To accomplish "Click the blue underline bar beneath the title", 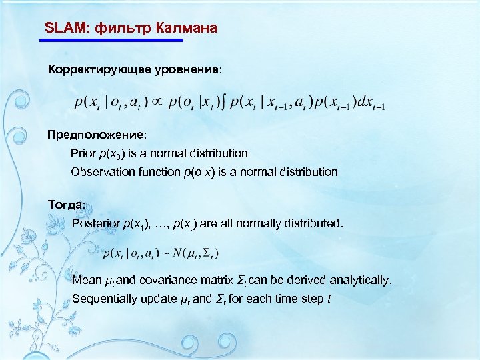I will pyautogui.click(x=111, y=41).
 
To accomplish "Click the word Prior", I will pyautogui.click(x=83, y=153).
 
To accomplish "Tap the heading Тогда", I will pyautogui.click(x=66, y=203).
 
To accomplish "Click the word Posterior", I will pyautogui.click(x=96, y=223).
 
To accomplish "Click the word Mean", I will pyautogui.click(x=87, y=279).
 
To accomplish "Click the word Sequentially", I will pyautogui.click(x=104, y=298).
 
